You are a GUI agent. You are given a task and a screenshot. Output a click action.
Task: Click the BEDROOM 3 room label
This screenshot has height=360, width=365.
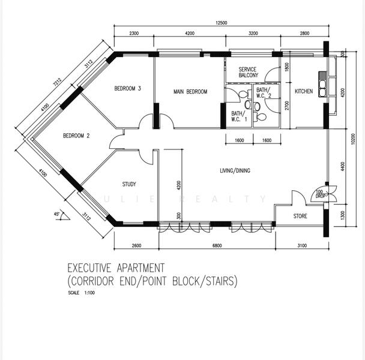click(127, 89)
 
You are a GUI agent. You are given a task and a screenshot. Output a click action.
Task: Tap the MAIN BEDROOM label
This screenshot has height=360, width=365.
click(190, 92)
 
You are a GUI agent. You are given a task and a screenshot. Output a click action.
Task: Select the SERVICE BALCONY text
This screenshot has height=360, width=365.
click(249, 72)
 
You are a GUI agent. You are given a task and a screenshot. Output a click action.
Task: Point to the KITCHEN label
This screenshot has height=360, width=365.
click(303, 91)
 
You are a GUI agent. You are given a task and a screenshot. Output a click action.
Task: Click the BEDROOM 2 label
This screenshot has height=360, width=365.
click(76, 136)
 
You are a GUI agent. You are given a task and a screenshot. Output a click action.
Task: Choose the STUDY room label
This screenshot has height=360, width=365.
click(129, 184)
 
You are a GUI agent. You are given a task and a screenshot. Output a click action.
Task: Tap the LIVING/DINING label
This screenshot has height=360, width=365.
click(235, 171)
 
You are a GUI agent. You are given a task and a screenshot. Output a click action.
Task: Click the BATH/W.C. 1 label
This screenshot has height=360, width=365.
click(238, 116)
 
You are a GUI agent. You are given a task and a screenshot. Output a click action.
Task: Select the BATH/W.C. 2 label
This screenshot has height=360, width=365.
click(264, 93)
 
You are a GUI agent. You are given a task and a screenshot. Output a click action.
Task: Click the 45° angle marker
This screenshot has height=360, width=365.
click(57, 214)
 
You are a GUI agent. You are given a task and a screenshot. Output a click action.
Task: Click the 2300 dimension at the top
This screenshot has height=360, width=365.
click(133, 34)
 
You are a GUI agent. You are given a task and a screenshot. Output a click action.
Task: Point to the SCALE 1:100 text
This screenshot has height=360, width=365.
click(82, 293)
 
